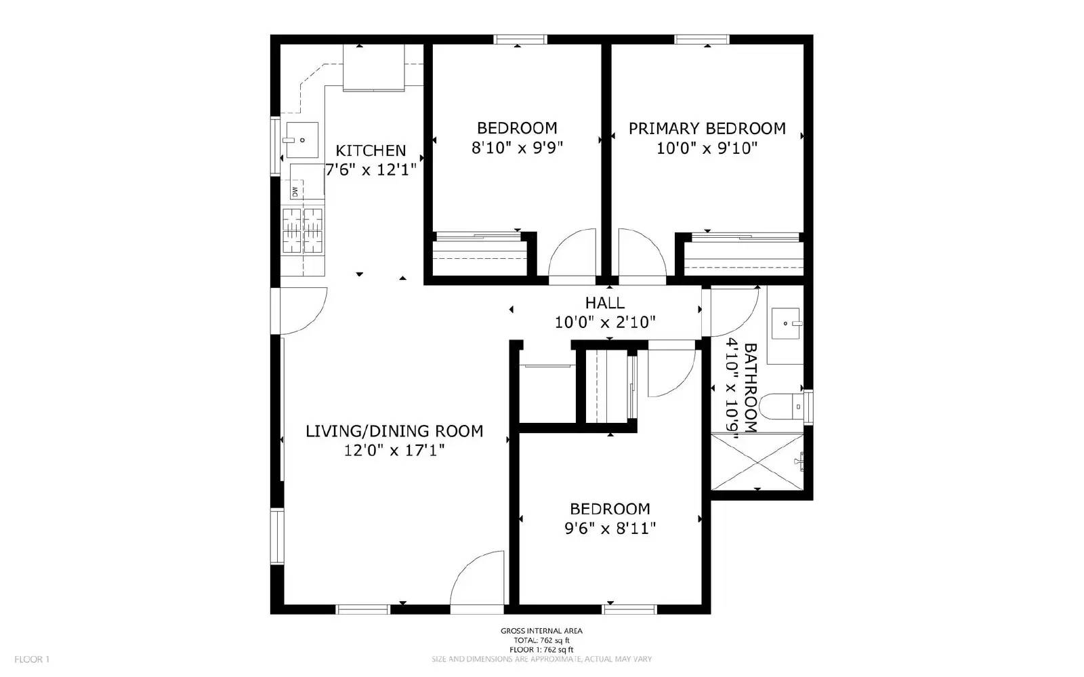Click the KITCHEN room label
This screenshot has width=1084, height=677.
[371, 150]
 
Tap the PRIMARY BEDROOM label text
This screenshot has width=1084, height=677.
[707, 129]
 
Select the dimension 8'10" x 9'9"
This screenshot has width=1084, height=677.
[517, 148]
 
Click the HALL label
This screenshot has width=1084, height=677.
[605, 303]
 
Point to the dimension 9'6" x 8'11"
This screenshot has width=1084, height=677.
[610, 529]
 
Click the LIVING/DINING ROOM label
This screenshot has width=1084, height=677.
[394, 431]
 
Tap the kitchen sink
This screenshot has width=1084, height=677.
[301, 140]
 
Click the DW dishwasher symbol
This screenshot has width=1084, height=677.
[295, 191]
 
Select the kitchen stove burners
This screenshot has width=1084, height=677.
[303, 230]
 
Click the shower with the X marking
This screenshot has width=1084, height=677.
[757, 462]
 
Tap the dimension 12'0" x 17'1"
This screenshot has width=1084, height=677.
[394, 450]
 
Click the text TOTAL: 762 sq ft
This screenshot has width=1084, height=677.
[541, 640]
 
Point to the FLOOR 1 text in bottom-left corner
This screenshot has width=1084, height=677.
[32, 659]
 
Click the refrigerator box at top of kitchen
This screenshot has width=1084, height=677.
[374, 68]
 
